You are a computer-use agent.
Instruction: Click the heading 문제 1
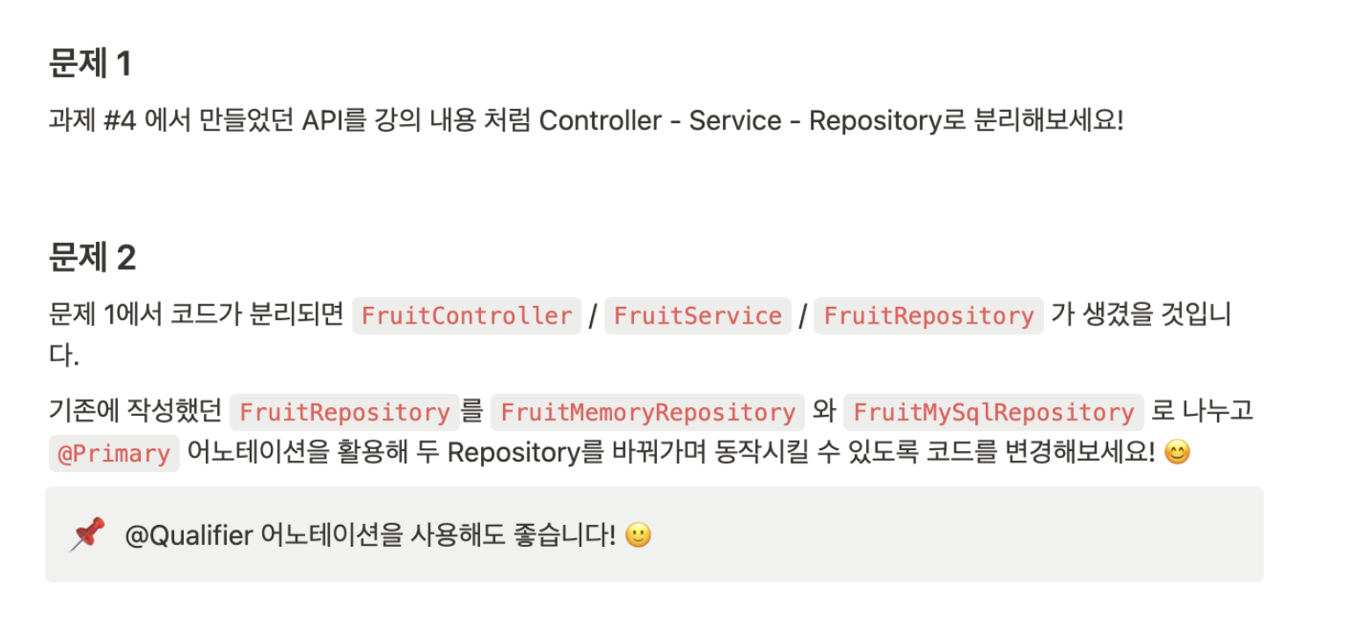(90, 64)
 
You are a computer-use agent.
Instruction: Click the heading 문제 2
(91, 258)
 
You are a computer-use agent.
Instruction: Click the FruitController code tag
(467, 316)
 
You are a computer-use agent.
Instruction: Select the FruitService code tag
(698, 316)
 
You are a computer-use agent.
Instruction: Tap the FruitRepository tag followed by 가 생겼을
(929, 316)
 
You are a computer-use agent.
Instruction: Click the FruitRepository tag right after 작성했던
(345, 412)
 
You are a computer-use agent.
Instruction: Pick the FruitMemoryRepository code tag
(648, 412)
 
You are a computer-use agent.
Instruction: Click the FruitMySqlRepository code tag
(994, 412)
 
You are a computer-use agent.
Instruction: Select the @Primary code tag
(114, 454)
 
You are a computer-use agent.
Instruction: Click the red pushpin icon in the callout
(88, 534)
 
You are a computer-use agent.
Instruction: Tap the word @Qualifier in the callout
(189, 535)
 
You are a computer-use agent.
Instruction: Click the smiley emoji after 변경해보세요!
(1177, 453)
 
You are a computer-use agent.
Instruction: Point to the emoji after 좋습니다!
(638, 535)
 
